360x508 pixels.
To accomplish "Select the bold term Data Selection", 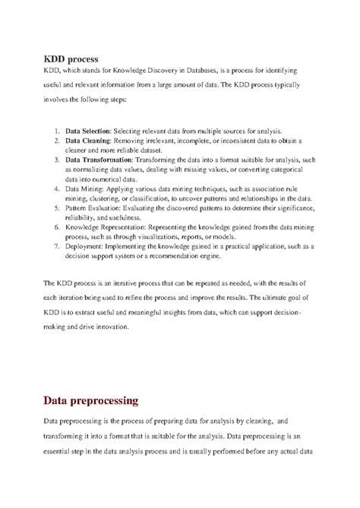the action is click(88, 131).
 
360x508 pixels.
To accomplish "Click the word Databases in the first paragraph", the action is click(219, 71).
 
